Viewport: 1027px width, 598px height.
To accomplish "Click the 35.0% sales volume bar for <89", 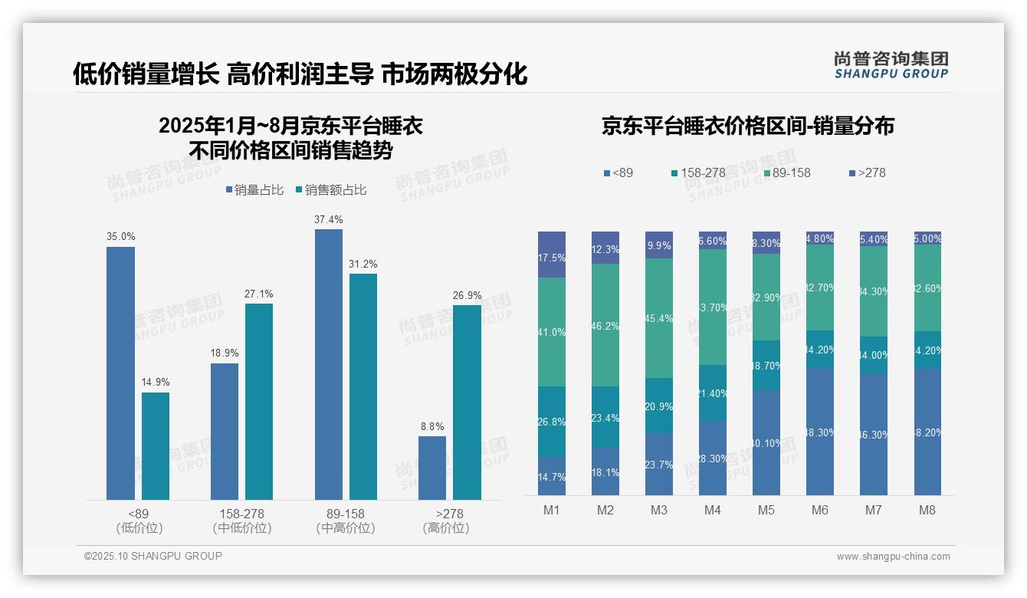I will tap(120, 373).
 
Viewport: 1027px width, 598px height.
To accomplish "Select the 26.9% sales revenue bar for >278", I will tap(467, 402).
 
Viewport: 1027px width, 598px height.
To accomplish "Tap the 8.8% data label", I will tap(432, 426).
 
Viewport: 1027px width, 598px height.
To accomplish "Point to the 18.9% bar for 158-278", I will tap(225, 432).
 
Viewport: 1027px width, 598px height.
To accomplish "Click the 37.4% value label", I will tap(328, 219).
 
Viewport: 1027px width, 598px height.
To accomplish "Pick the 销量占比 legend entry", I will tap(256, 190).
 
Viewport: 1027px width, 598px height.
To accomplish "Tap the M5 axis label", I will tap(766, 510).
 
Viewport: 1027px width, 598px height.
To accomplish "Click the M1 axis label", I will tap(551, 510).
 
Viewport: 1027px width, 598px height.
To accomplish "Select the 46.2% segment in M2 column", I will tap(605, 325).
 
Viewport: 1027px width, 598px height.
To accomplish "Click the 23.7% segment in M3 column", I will tap(659, 464).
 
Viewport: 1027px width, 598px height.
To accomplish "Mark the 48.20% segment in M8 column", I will tap(927, 432).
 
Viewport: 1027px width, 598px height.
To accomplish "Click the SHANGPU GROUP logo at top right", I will tap(891, 65).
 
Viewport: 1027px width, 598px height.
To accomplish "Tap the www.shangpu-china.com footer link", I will tap(893, 557).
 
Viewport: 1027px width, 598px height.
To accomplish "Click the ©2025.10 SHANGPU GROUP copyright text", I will tap(153, 556).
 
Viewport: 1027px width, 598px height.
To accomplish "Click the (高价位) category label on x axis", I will tap(445, 528).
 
